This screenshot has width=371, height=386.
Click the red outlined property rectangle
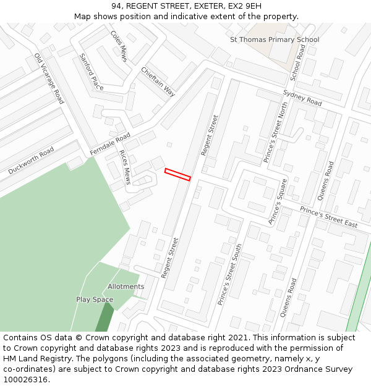coord(177,174)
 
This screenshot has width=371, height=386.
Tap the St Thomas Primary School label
coord(274,40)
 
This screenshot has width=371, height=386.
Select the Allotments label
coord(126,287)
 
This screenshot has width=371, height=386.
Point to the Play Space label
coord(95,300)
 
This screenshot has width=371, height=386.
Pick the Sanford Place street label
coord(92,72)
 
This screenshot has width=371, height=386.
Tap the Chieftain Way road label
coord(158,81)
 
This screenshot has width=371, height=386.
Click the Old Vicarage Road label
coord(49,78)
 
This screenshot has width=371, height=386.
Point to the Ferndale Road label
coord(110,144)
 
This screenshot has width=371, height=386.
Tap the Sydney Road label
coord(302,98)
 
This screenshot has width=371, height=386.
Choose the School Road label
coord(298,62)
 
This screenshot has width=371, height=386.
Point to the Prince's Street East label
coord(328,217)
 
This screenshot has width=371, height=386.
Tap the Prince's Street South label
coord(230,274)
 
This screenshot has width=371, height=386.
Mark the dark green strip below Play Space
coord(104,319)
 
